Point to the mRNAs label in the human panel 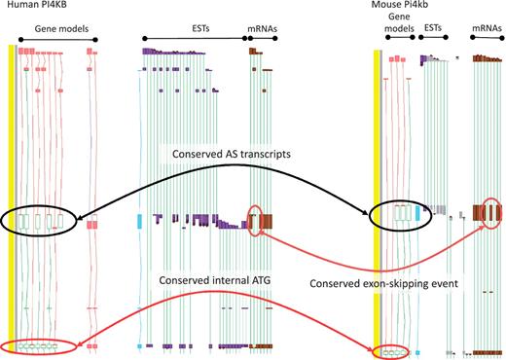tap(261, 29)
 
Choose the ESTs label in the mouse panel tap(435, 29)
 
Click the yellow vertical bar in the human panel tap(11, 195)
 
